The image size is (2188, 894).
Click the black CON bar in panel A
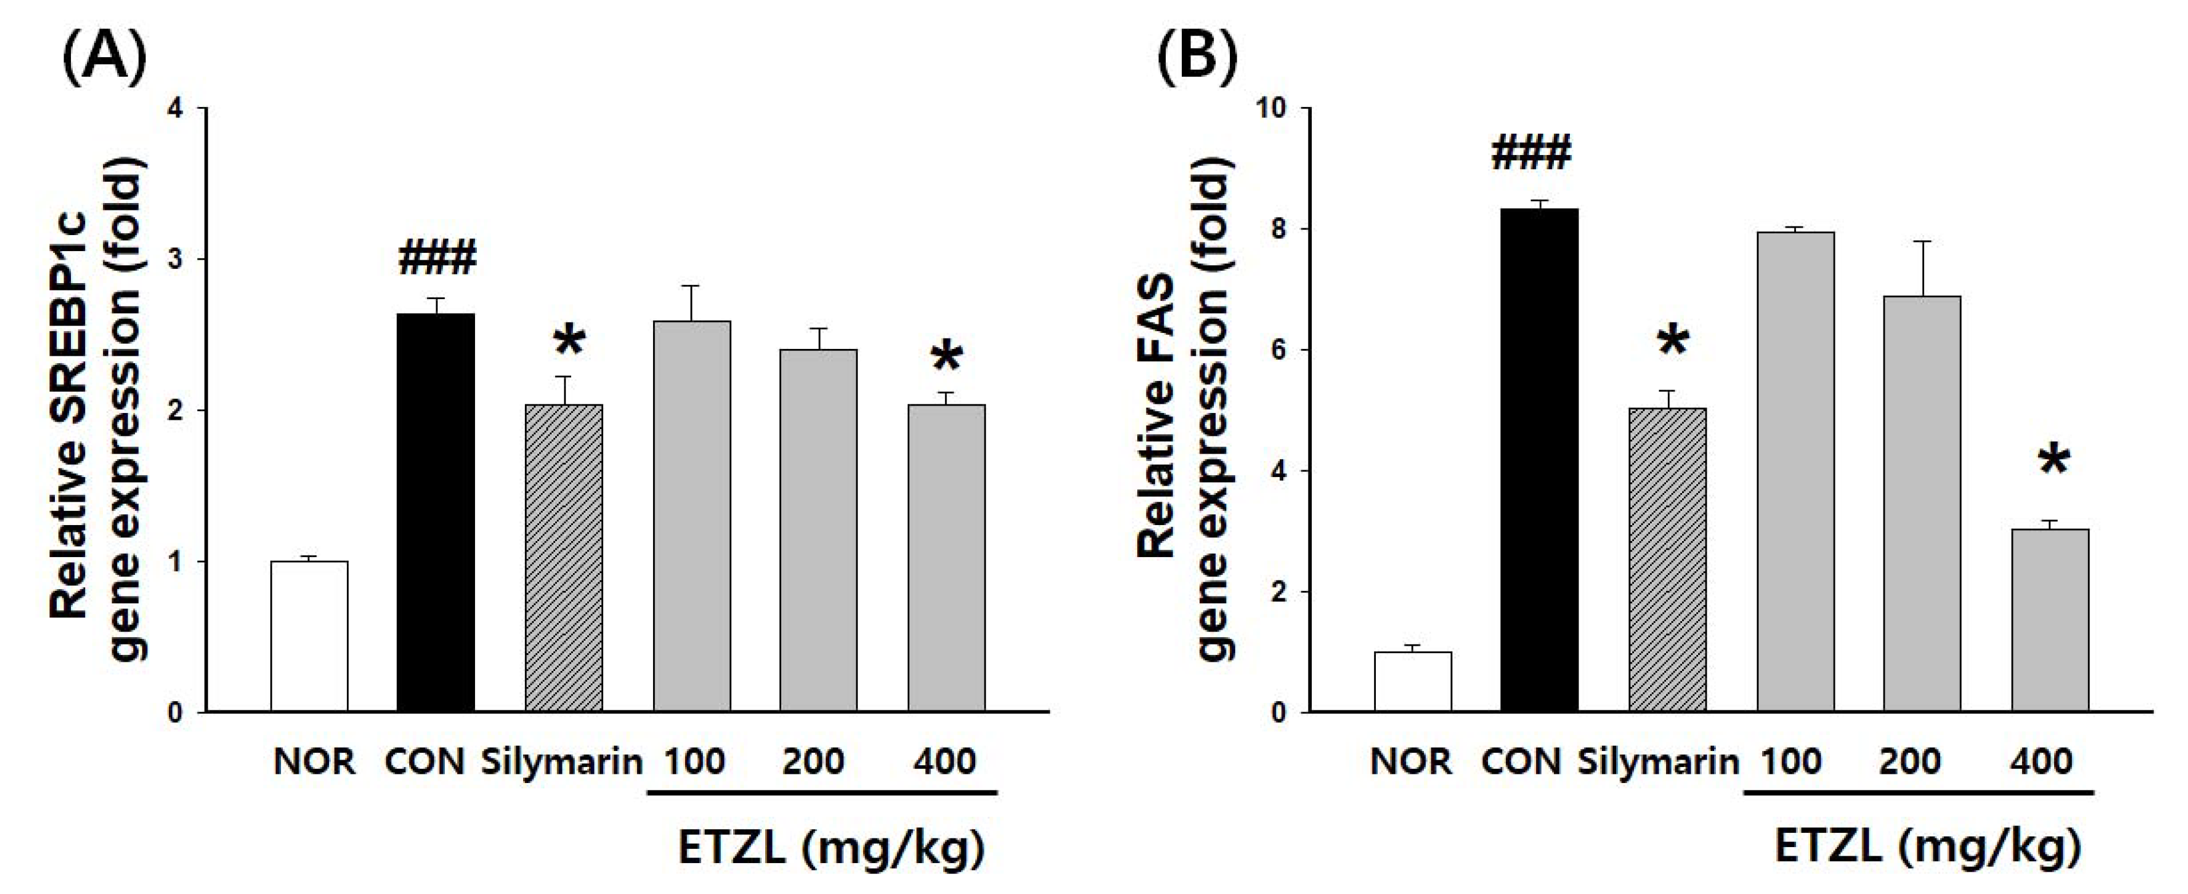coord(436,512)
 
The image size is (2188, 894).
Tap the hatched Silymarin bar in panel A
coord(564,558)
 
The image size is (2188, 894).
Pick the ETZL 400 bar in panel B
coord(2049,620)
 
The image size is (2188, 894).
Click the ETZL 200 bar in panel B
coord(1922,503)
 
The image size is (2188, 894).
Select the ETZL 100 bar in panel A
coord(691,515)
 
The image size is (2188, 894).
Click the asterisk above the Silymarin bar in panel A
coord(568,342)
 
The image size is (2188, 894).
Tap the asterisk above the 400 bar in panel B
coord(2054,461)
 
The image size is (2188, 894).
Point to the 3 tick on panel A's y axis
coord(175,260)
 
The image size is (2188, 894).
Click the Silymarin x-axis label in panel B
coord(1658,761)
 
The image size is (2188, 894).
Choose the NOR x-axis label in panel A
coord(314,761)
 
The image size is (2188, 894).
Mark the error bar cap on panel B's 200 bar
coord(1922,242)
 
